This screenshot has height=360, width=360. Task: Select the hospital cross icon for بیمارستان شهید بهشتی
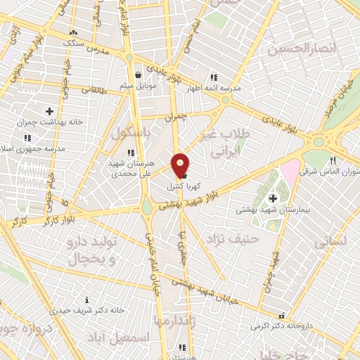point(273,199)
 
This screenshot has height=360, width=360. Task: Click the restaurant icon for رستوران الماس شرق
point(333,160)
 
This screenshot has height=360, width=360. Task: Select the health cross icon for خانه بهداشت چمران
point(49,111)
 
